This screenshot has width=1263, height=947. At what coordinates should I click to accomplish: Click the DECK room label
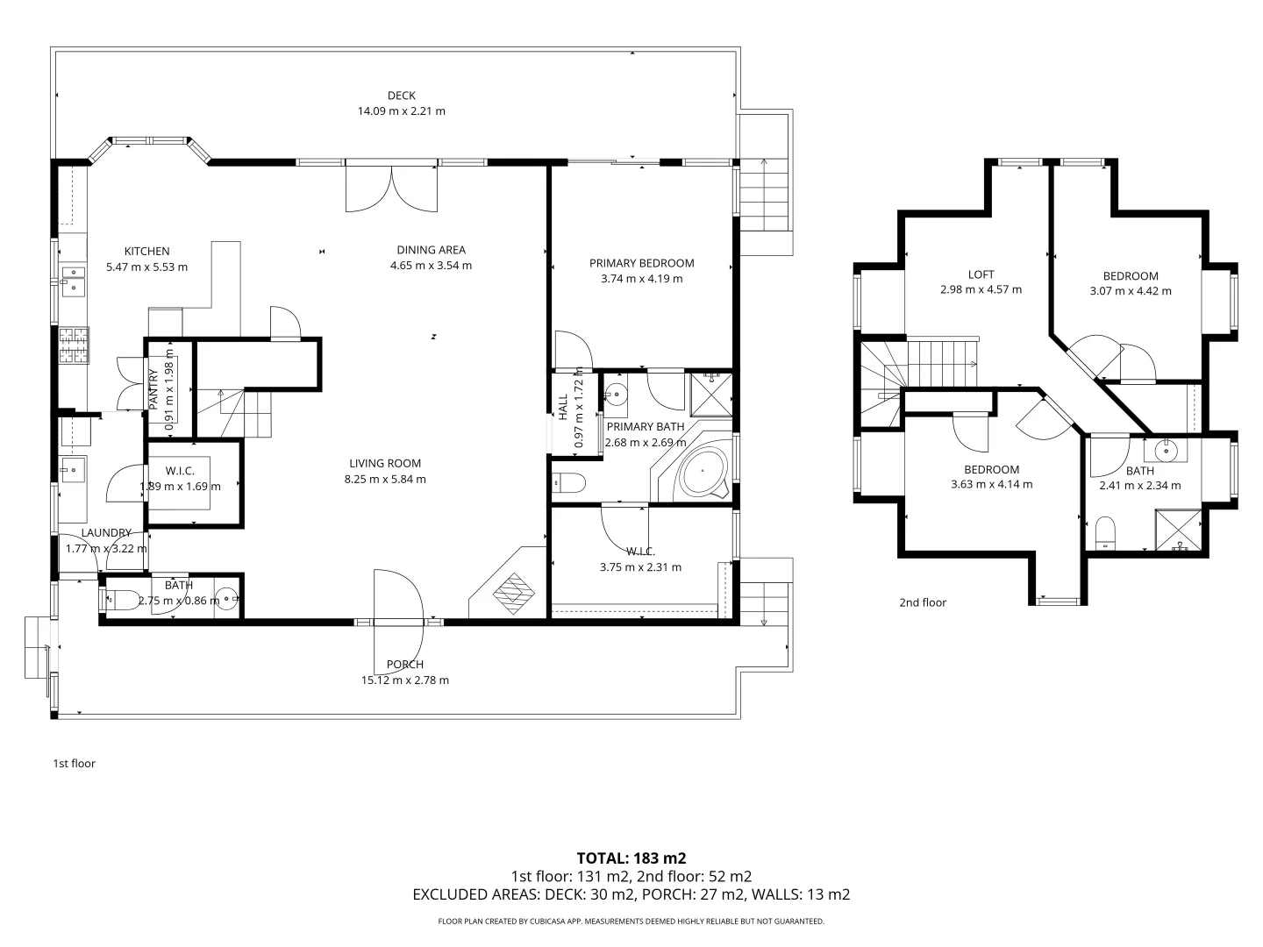coord(401,96)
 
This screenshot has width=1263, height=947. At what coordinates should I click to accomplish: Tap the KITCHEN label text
coord(146,252)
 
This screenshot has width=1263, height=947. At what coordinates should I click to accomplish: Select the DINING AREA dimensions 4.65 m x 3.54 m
coord(431,266)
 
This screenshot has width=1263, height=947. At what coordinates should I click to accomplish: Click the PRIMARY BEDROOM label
coord(641,263)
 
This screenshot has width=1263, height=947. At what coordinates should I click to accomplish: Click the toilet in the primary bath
coord(568,483)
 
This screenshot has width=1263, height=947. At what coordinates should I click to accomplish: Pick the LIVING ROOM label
coord(385,464)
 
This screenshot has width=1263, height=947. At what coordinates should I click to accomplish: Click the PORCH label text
coord(405,665)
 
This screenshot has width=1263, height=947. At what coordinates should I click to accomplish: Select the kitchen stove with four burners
coord(75,345)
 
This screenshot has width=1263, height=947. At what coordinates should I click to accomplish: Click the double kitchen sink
coord(73,280)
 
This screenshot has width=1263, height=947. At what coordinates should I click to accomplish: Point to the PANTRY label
coord(153,390)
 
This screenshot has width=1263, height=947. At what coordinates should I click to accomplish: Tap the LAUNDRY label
coord(106,533)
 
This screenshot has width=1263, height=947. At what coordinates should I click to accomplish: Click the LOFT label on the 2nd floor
coord(981,274)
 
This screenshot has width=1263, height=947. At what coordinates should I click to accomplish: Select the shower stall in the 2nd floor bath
coord(1179,530)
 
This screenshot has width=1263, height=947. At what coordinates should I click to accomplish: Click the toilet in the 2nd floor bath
coord(1105,533)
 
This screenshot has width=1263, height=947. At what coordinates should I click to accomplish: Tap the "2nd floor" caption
coord(923,602)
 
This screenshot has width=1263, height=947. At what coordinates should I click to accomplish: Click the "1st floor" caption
coord(75,764)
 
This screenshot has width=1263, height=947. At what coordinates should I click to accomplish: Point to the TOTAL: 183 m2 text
coord(631,858)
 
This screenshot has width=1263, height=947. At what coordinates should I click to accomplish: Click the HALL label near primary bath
coord(563,407)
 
